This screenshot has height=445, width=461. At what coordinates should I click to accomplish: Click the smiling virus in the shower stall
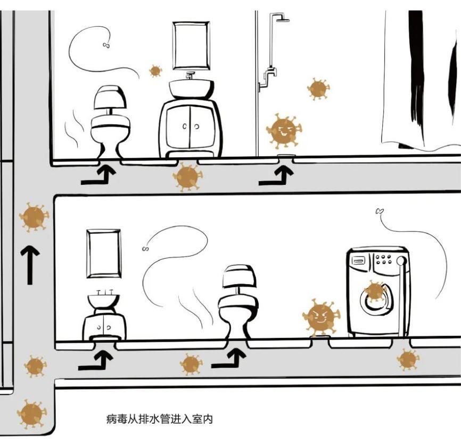(x=284, y=131)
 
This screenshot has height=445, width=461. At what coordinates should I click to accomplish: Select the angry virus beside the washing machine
(x=321, y=317)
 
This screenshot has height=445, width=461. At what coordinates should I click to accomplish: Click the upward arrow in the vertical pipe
(x=30, y=265)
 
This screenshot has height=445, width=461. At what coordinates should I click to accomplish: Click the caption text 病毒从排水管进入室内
(x=159, y=419)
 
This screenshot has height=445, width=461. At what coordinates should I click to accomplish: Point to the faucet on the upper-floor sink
(x=190, y=75)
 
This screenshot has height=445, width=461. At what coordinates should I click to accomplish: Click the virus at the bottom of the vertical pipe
(x=31, y=414)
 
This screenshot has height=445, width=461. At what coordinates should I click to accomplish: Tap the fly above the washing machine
(x=380, y=211)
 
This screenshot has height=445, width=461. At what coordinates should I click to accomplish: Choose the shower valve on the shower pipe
(x=270, y=72)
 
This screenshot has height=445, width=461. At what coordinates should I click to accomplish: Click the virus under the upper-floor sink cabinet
(x=187, y=177)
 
